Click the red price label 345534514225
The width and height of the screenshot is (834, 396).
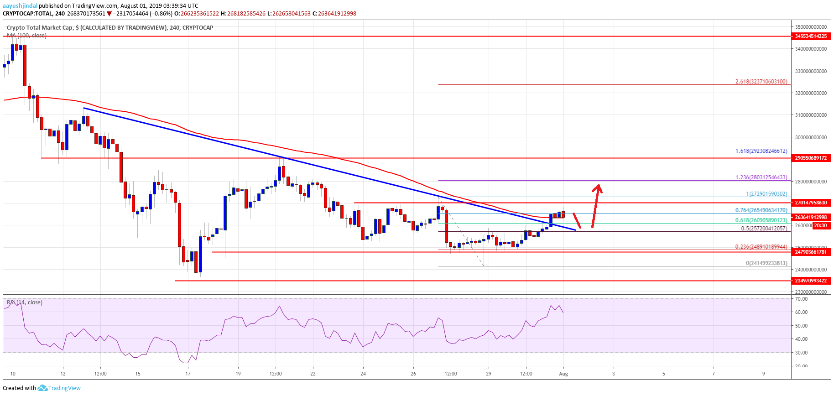pyautogui.click(x=811, y=36)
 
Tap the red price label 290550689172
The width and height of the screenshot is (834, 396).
pyautogui.click(x=811, y=158)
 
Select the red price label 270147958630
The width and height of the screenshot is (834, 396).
pyautogui.click(x=811, y=203)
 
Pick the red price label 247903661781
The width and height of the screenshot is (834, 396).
pyautogui.click(x=811, y=252)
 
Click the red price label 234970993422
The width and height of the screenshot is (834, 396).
pyautogui.click(x=811, y=281)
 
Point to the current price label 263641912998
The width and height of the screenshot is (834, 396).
pyautogui.click(x=811, y=217)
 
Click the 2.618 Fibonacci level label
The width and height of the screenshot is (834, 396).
pyautogui.click(x=761, y=82)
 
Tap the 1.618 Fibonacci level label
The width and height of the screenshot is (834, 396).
pyautogui.click(x=761, y=151)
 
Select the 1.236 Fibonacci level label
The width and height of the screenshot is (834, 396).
pyautogui.click(x=761, y=177)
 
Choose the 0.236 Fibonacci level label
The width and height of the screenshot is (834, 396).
pyautogui.click(x=761, y=247)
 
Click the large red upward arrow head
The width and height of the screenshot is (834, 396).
pyautogui.click(x=598, y=188)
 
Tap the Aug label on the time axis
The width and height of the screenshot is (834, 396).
pyautogui.click(x=563, y=374)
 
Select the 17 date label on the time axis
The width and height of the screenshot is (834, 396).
pyautogui.click(x=188, y=374)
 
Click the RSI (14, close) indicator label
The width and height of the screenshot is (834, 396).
pyautogui.click(x=25, y=302)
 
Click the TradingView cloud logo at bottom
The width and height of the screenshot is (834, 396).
pyautogui.click(x=42, y=388)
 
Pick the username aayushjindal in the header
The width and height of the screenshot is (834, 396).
pyautogui.click(x=20, y=6)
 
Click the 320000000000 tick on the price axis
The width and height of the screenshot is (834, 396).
pyautogui.click(x=810, y=93)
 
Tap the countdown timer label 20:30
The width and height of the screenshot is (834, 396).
pyautogui.click(x=820, y=225)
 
